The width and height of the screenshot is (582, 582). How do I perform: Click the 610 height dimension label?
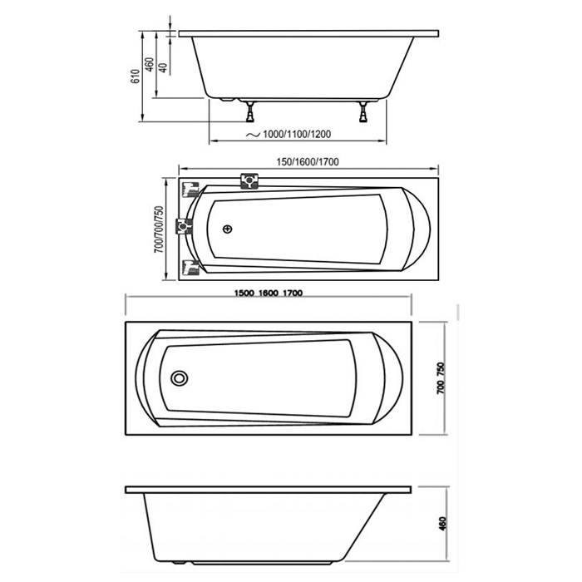click(136, 76)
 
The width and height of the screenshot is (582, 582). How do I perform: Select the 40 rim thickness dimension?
click(163, 67)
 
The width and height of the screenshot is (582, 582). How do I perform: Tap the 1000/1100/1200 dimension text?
click(297, 135)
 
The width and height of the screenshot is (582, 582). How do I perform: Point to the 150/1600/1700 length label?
click(308, 162)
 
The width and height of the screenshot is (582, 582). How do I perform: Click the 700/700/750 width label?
click(159, 229)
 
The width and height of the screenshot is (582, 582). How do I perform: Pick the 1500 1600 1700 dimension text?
click(269, 293)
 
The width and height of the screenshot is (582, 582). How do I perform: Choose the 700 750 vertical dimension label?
click(441, 377)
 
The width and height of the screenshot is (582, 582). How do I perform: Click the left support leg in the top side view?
click(250, 111)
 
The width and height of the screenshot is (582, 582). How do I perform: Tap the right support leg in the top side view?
click(363, 111)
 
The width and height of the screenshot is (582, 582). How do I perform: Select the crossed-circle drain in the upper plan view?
click(228, 229)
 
